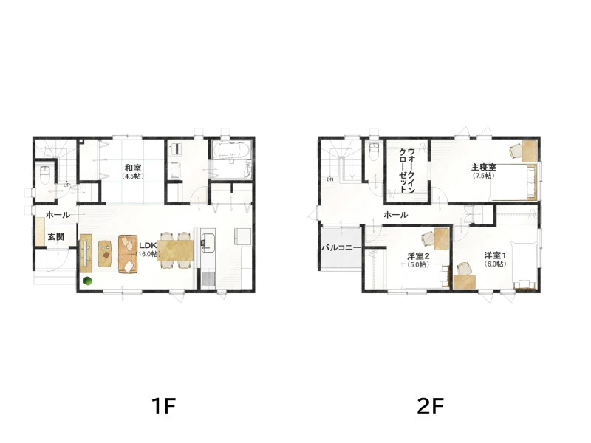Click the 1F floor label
[163, 406]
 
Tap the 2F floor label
[430, 406]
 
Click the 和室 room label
[133, 168]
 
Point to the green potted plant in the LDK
[88, 281]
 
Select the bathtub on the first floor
[230, 151]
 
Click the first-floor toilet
[45, 174]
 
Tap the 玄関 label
[56, 237]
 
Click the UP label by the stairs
[66, 185]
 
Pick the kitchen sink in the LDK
[208, 242]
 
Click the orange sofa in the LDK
[128, 254]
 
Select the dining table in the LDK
[175, 250]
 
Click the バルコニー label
[341, 248]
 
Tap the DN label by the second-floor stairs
[330, 179]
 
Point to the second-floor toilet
[374, 151]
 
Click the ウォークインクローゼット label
[407, 170]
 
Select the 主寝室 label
[484, 167]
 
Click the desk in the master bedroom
[530, 151]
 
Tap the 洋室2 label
[418, 256]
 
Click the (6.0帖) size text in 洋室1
[495, 264]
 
